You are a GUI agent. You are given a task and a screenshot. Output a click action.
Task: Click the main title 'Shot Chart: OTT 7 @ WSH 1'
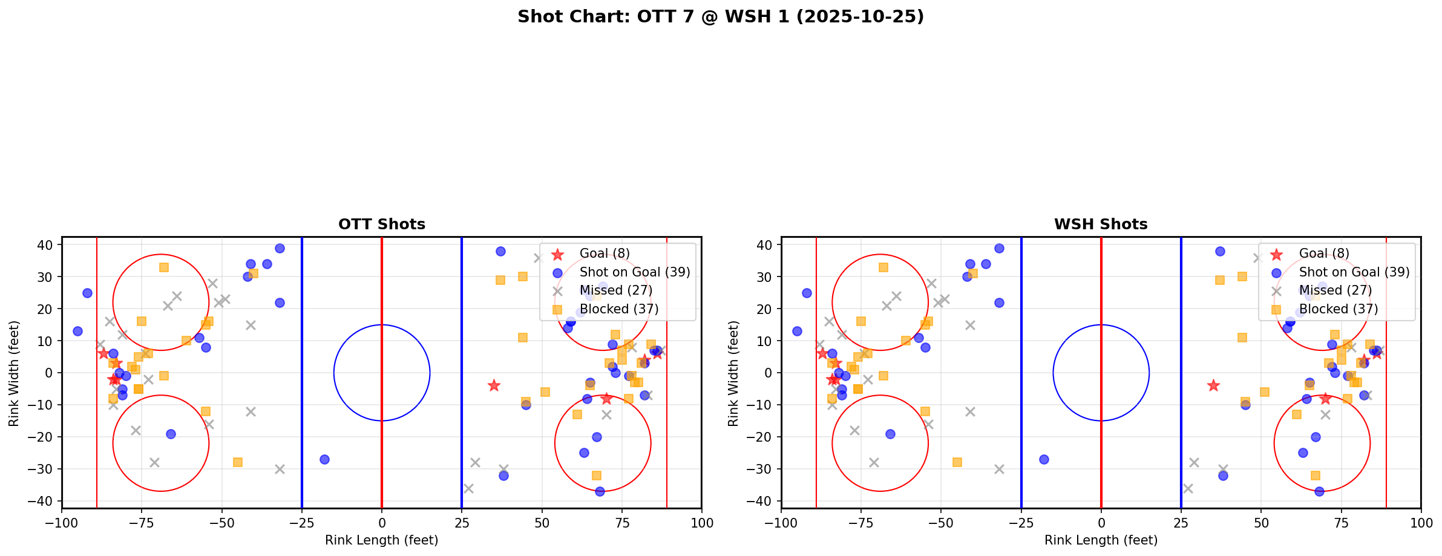[x=720, y=16]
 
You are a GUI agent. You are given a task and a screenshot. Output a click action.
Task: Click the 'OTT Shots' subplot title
[x=381, y=224]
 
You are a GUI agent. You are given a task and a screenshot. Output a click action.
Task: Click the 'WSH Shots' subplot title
[x=1100, y=224]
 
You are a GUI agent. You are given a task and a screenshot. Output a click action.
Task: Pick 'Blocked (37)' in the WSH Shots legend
[x=1338, y=309]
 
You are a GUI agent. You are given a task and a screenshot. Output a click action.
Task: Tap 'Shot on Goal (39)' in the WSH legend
[x=1354, y=272]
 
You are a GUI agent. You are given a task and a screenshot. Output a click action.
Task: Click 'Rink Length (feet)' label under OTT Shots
[x=381, y=540]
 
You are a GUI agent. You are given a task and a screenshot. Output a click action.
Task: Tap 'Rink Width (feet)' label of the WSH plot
[x=733, y=373]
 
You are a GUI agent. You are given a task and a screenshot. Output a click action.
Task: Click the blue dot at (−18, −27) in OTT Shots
[x=324, y=459]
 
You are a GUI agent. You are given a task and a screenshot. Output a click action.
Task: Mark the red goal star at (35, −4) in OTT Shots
[x=494, y=385]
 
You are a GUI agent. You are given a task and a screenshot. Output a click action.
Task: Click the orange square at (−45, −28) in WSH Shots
[x=957, y=462]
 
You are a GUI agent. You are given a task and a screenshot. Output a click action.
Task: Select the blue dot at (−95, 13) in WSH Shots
[x=797, y=331]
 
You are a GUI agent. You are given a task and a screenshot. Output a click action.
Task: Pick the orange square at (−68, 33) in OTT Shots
[x=164, y=267]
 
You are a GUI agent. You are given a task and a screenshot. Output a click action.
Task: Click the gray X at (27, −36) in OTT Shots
[x=468, y=488]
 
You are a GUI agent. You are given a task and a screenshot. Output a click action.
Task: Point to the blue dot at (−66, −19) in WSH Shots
[x=890, y=434]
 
